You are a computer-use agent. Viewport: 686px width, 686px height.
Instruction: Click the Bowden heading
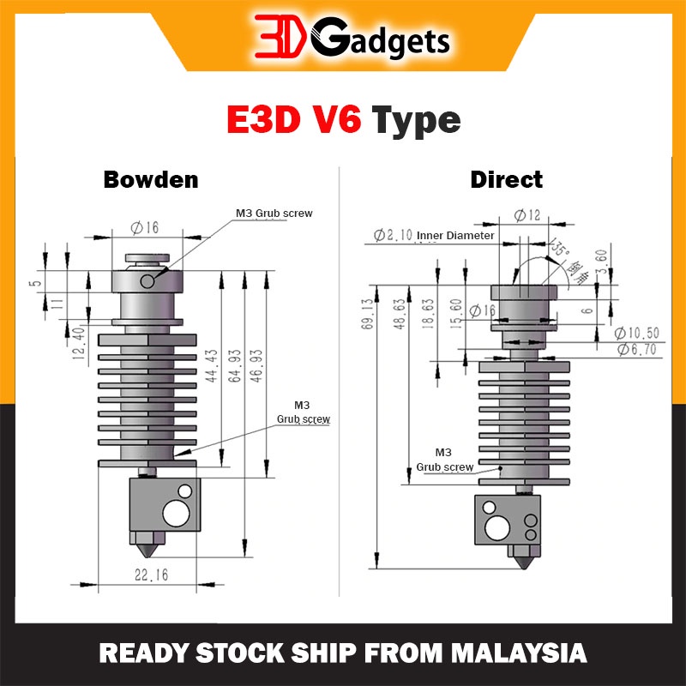tap(150, 179)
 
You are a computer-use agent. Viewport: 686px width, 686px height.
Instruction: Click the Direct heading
tap(506, 179)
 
